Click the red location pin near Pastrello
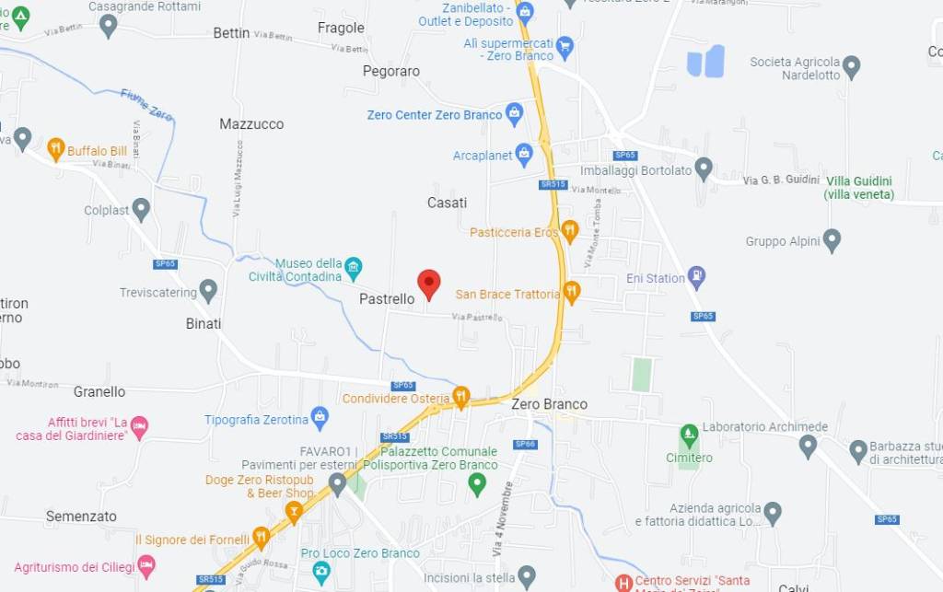click(x=429, y=284)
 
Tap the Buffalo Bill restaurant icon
click(x=56, y=149)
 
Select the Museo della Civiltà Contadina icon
click(x=353, y=269)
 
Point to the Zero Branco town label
click(x=549, y=404)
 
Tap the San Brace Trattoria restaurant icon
click(x=572, y=293)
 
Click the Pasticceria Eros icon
click(x=570, y=231)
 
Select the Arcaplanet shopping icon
click(x=524, y=154)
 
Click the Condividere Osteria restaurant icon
click(x=461, y=397)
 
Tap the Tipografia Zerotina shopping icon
click(x=320, y=418)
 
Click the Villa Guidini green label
click(x=858, y=188)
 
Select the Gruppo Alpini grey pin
click(x=832, y=240)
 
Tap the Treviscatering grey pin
click(x=208, y=291)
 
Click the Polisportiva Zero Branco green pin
click(x=477, y=482)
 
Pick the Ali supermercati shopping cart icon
click(x=565, y=45)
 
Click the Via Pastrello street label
click(x=477, y=318)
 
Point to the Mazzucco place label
click(x=251, y=123)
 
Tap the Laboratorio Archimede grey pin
click(x=808, y=446)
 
